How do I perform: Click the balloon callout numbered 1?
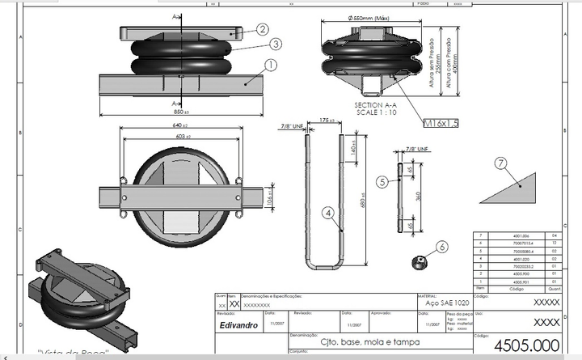click(270, 63)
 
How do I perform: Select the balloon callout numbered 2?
click(263, 28)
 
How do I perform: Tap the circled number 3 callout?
click(276, 44)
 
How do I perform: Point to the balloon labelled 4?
click(327, 213)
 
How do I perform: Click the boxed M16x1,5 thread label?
click(441, 123)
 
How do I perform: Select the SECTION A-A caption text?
click(373, 106)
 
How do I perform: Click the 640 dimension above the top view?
click(179, 126)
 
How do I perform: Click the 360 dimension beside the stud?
click(418, 197)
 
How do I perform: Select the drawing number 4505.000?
click(526, 345)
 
